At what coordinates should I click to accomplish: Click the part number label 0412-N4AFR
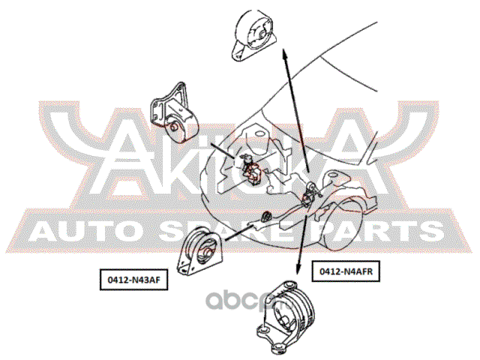click(x=346, y=273)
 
